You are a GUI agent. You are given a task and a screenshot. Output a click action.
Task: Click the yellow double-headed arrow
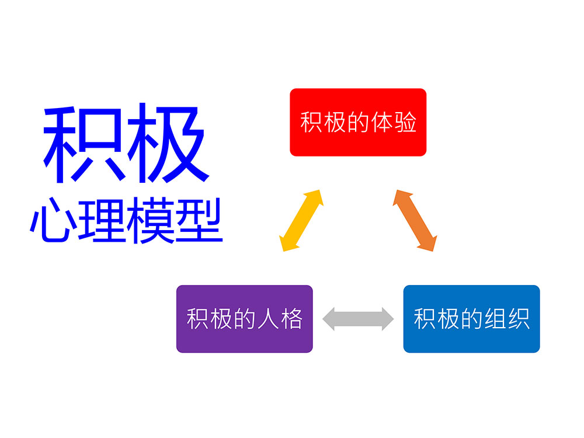click(x=301, y=220)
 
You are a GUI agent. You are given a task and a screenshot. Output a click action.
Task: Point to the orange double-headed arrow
click(x=415, y=220)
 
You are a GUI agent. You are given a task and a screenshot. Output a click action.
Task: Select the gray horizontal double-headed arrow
click(x=358, y=318)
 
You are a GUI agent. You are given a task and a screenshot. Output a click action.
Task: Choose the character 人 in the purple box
click(x=267, y=319)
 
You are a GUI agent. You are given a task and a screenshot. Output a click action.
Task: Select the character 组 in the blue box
click(x=495, y=319)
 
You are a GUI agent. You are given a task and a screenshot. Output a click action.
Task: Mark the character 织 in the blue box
click(x=518, y=319)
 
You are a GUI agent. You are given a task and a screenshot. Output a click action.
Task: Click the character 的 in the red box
click(x=358, y=123)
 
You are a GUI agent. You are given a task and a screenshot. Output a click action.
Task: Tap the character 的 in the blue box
click(x=471, y=319)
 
